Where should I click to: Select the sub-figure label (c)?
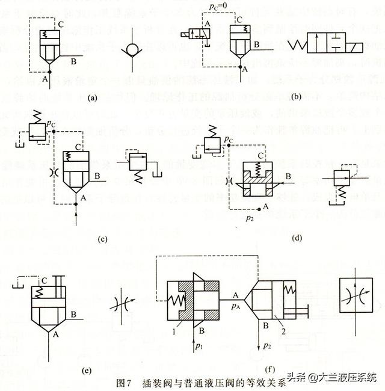coord(103,239)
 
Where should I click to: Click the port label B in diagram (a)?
coord(73,61)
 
